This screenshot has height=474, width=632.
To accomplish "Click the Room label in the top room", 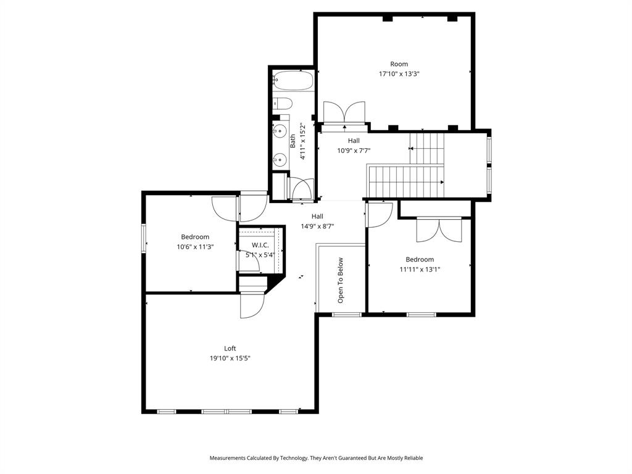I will click(x=399, y=64).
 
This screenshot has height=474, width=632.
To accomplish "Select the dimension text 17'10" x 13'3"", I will click(x=399, y=74).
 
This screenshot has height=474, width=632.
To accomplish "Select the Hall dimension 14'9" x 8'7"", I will click(x=317, y=227).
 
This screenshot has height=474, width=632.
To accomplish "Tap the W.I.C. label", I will click(x=260, y=245).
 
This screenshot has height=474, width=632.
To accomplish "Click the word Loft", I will click(x=230, y=349).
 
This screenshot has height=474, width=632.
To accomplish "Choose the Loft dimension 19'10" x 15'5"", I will click(x=230, y=359).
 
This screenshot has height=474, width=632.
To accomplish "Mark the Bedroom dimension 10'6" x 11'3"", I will click(x=195, y=247).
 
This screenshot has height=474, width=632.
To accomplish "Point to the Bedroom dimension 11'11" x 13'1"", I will click(x=420, y=270).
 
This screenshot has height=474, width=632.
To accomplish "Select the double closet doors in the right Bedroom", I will click(x=439, y=230).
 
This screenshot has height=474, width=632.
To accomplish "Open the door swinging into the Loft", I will click(x=251, y=306).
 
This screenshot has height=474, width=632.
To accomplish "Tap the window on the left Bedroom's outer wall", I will click(x=144, y=238).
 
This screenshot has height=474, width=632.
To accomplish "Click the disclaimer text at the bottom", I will click(x=316, y=458).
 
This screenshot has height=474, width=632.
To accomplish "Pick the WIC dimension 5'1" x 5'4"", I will click(x=260, y=255).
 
